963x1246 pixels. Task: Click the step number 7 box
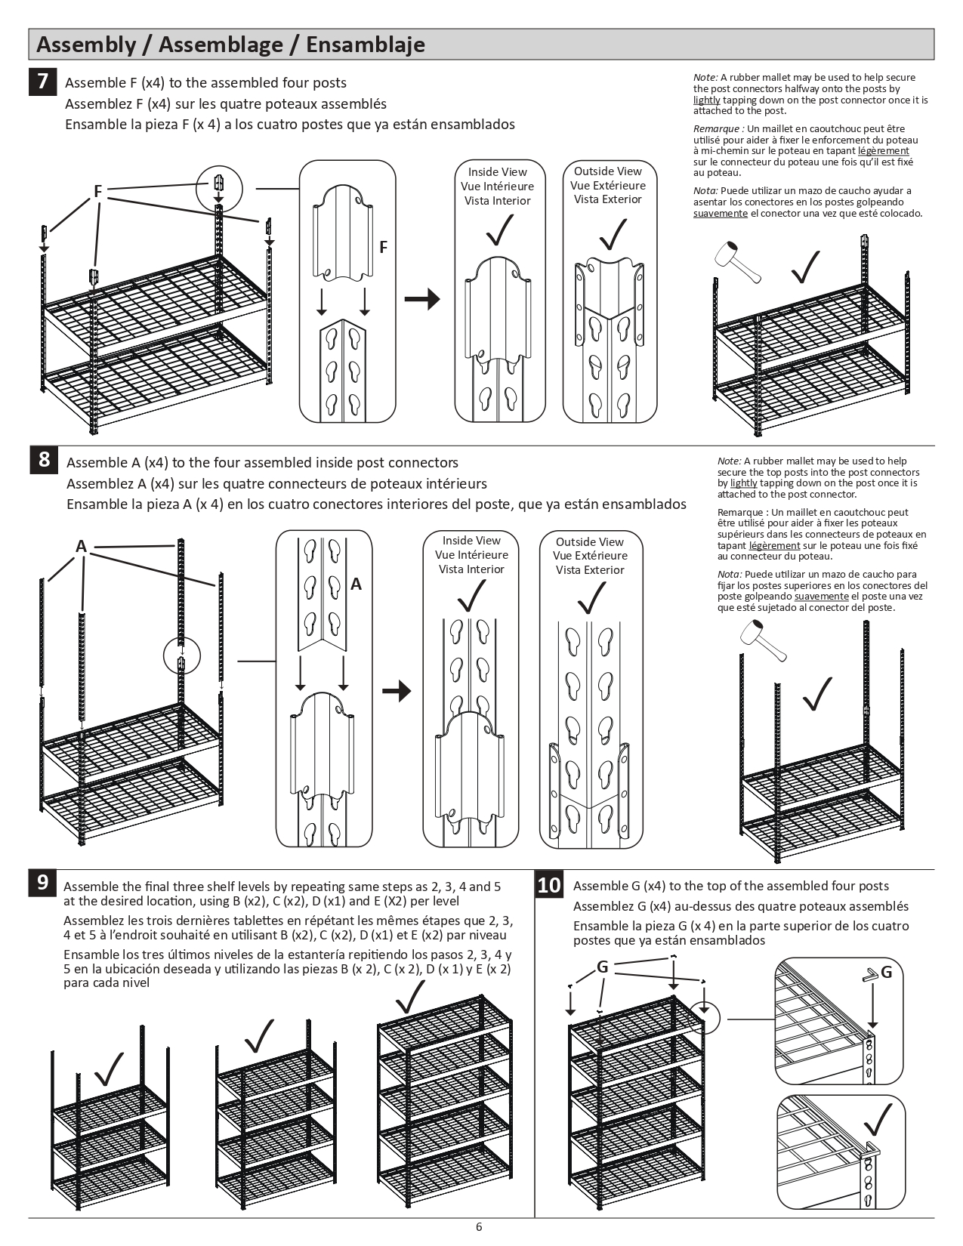pyautogui.click(x=42, y=81)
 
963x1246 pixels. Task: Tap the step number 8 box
pyautogui.click(x=44, y=459)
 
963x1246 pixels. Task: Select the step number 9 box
pyautogui.click(x=42, y=882)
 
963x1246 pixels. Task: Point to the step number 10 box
pyautogui.click(x=549, y=885)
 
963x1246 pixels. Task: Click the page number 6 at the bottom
pyautogui.click(x=479, y=1226)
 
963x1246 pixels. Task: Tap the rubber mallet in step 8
pyautogui.click(x=761, y=639)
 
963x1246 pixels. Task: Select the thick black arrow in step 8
pyautogui.click(x=397, y=691)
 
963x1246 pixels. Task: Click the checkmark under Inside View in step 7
pyautogui.click(x=499, y=230)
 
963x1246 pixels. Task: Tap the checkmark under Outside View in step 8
pyautogui.click(x=591, y=599)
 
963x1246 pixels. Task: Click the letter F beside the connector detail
pyautogui.click(x=384, y=247)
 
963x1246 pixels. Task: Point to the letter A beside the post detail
pyautogui.click(x=356, y=584)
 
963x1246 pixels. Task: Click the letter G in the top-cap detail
pyautogui.click(x=887, y=972)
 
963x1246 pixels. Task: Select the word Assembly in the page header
pyautogui.click(x=85, y=45)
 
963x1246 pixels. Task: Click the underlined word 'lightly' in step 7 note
pyautogui.click(x=706, y=100)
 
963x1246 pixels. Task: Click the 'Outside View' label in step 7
pyautogui.click(x=607, y=171)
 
